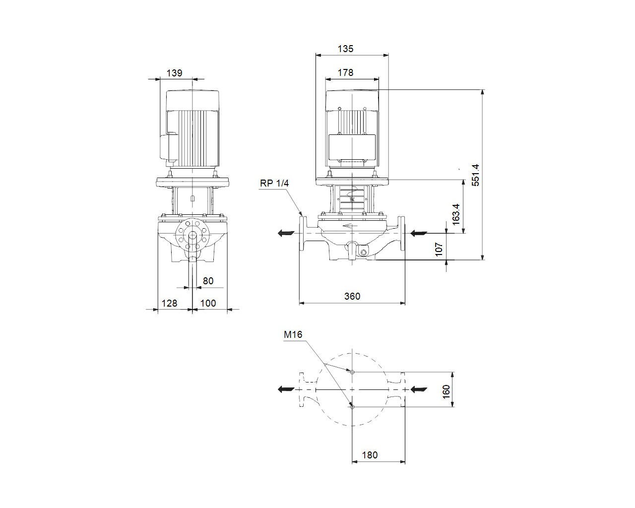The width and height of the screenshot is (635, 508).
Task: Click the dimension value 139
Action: point(175,73)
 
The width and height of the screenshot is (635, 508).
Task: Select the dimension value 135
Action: point(345,49)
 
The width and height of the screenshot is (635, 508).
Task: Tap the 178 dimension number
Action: point(345,72)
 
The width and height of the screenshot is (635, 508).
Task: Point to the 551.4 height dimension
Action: point(475,175)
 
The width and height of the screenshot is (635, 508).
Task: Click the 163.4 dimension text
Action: point(456,214)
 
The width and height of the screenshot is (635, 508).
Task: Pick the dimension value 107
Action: point(439,250)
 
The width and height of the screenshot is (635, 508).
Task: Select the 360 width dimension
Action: point(352,296)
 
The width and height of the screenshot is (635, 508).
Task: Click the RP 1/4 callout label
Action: point(274,183)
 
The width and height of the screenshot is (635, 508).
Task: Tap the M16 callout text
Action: point(293,334)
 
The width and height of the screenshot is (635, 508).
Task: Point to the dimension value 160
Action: point(446,392)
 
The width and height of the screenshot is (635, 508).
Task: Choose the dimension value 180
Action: point(370,455)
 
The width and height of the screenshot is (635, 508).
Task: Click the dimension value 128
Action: point(169,303)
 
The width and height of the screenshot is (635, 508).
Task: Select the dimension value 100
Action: point(208,303)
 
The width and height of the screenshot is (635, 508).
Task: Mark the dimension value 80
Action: point(208,281)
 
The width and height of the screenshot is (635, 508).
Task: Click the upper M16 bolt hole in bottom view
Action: point(352,372)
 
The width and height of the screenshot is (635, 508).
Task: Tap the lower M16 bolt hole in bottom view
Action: point(352,407)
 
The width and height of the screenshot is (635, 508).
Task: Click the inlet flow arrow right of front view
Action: point(419,233)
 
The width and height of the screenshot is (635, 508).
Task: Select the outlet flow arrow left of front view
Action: point(286,233)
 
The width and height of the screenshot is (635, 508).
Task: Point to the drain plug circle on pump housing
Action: point(363,252)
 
